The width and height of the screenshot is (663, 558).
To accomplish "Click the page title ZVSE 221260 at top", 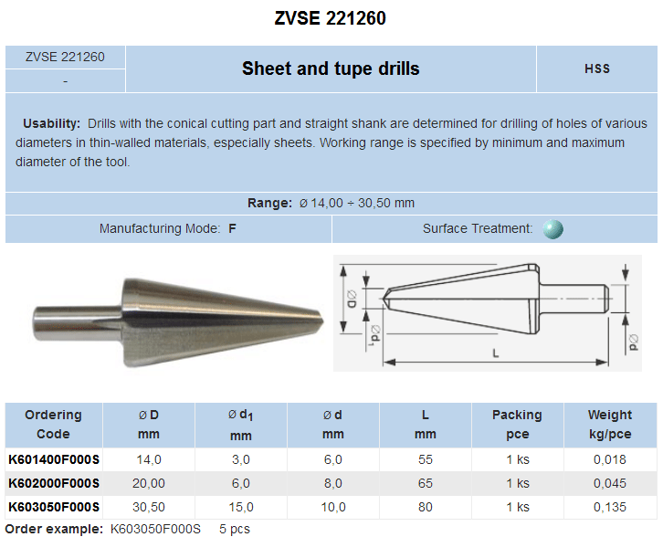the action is point(331,18).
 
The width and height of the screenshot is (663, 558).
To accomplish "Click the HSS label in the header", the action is point(597,68).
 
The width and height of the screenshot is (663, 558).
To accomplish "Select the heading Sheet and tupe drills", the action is point(331,68).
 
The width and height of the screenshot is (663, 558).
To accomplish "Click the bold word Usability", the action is point(51,123).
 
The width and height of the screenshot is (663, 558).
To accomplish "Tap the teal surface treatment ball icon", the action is point(553,229).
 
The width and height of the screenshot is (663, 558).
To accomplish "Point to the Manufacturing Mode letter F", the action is point(232,228).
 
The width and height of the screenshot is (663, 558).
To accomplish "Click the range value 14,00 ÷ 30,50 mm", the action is point(357,203).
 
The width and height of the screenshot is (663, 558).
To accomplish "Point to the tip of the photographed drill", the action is point(322,321).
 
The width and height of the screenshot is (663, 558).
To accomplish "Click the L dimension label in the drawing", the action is point(496,353).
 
